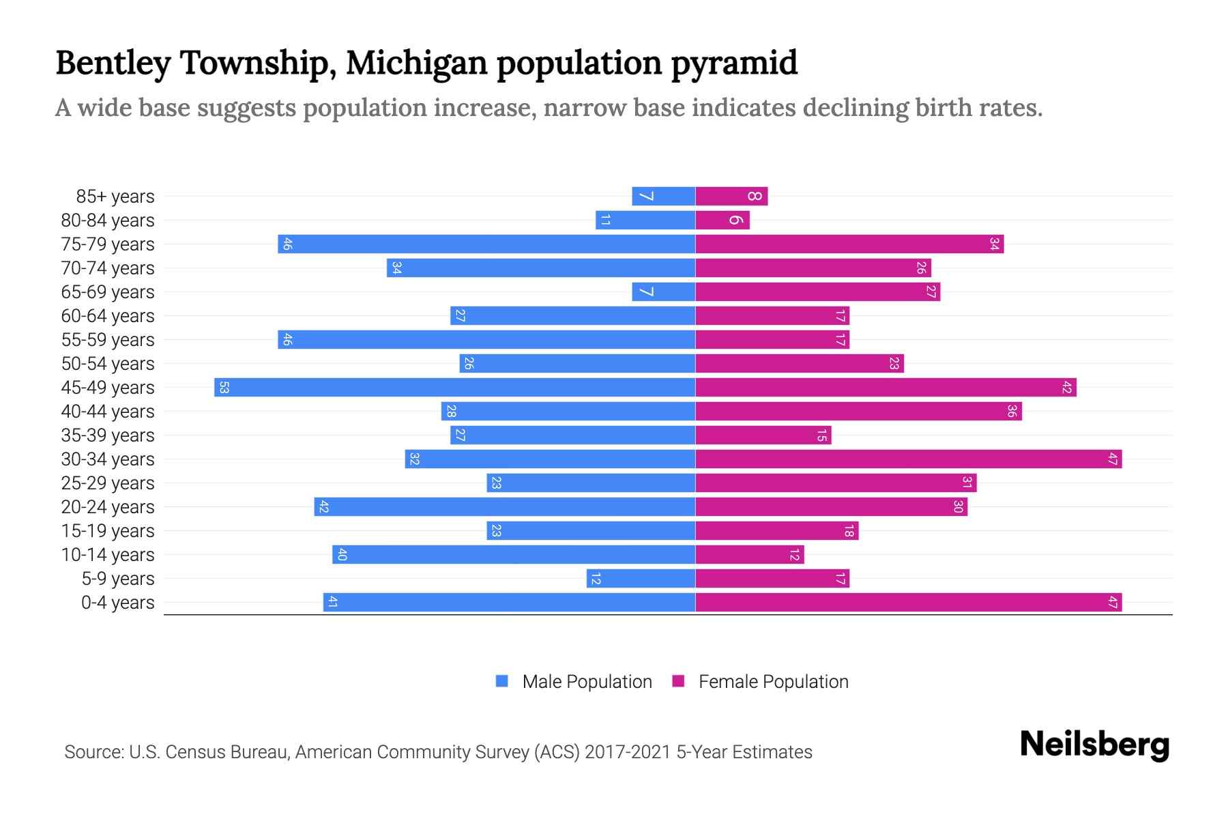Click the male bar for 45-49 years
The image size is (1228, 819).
[x=455, y=388]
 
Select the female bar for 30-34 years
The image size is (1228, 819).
[x=908, y=459]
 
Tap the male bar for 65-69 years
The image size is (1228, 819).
[x=663, y=292]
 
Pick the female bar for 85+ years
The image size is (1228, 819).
[x=731, y=197]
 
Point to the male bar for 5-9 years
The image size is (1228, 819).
[x=641, y=579]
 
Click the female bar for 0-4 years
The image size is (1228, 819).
[x=908, y=603]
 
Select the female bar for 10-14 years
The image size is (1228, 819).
[x=749, y=555]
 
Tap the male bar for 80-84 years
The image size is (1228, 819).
[x=645, y=220]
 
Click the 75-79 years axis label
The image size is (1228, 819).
[x=108, y=244]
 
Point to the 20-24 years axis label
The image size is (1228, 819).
[x=108, y=507]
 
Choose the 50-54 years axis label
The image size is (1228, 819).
[x=108, y=364]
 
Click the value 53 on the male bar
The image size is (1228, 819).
[x=224, y=388]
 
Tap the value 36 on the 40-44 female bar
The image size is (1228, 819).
[x=1012, y=412]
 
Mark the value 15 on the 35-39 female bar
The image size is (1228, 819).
[x=821, y=435]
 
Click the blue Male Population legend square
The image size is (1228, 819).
[x=502, y=681]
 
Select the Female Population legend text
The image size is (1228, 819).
[x=773, y=682]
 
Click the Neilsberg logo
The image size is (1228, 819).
[x=1094, y=745]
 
